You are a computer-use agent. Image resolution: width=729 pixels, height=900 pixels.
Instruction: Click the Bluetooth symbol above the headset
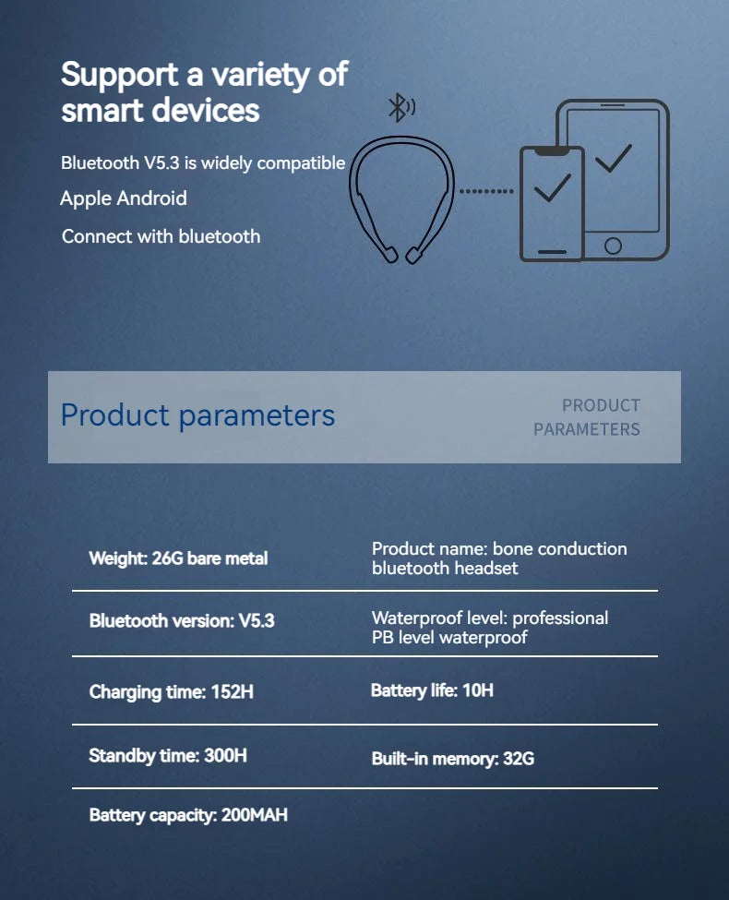[400, 108]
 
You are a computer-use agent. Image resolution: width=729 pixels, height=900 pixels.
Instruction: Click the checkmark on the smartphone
[552, 190]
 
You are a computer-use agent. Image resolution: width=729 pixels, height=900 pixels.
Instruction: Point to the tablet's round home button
[613, 246]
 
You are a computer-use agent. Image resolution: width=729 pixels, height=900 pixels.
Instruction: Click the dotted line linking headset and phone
[486, 191]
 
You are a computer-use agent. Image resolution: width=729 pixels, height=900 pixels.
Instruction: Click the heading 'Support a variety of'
[204, 74]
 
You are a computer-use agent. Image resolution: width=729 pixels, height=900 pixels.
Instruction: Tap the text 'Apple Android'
[124, 198]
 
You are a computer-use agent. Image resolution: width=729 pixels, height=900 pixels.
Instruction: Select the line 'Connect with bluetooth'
[161, 236]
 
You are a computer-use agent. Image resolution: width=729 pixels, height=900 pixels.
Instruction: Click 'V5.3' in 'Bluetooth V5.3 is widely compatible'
[161, 163]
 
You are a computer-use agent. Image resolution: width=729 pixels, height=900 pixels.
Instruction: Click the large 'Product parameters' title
[197, 415]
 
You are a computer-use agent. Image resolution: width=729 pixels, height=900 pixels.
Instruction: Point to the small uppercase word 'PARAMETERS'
[586, 429]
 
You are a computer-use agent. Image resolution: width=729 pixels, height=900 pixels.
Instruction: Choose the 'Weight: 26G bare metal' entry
[178, 558]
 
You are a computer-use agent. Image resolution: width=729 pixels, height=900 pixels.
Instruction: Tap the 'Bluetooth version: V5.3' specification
[182, 620]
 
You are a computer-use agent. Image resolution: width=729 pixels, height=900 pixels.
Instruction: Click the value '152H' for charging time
[232, 691]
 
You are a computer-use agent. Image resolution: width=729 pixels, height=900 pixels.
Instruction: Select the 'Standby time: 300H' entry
[168, 756]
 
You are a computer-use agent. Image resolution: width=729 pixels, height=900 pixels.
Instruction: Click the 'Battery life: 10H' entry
[432, 690]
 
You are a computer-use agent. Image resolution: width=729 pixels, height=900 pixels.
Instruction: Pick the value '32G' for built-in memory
[519, 759]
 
